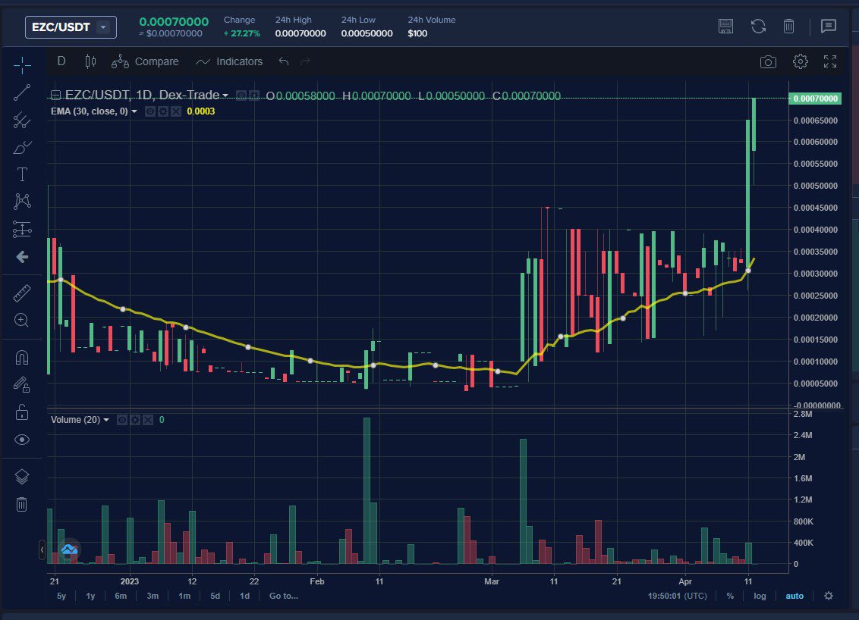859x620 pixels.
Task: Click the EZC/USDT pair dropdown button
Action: [x=71, y=27]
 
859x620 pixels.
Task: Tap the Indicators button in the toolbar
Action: [x=229, y=61]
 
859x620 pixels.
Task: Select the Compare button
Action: [x=145, y=61]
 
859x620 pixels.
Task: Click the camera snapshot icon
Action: [x=769, y=61]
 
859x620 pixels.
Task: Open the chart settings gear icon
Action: [x=800, y=61]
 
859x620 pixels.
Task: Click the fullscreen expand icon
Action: [x=830, y=61]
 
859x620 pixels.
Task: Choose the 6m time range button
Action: [x=121, y=596]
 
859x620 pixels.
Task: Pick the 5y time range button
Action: [x=61, y=596]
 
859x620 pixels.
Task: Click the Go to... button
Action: [x=283, y=596]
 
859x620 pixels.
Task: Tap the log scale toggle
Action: [x=760, y=596]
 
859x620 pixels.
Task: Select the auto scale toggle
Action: [x=794, y=596]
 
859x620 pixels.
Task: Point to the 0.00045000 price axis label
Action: [x=816, y=207]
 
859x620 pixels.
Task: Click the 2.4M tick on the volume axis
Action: [x=803, y=435]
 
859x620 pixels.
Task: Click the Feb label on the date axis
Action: [x=317, y=581]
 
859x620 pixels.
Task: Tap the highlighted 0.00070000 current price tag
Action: [x=816, y=99]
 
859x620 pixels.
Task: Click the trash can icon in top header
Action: [x=789, y=27]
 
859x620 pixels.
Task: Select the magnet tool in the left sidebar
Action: [x=22, y=358]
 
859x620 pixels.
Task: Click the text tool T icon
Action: [x=22, y=174]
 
